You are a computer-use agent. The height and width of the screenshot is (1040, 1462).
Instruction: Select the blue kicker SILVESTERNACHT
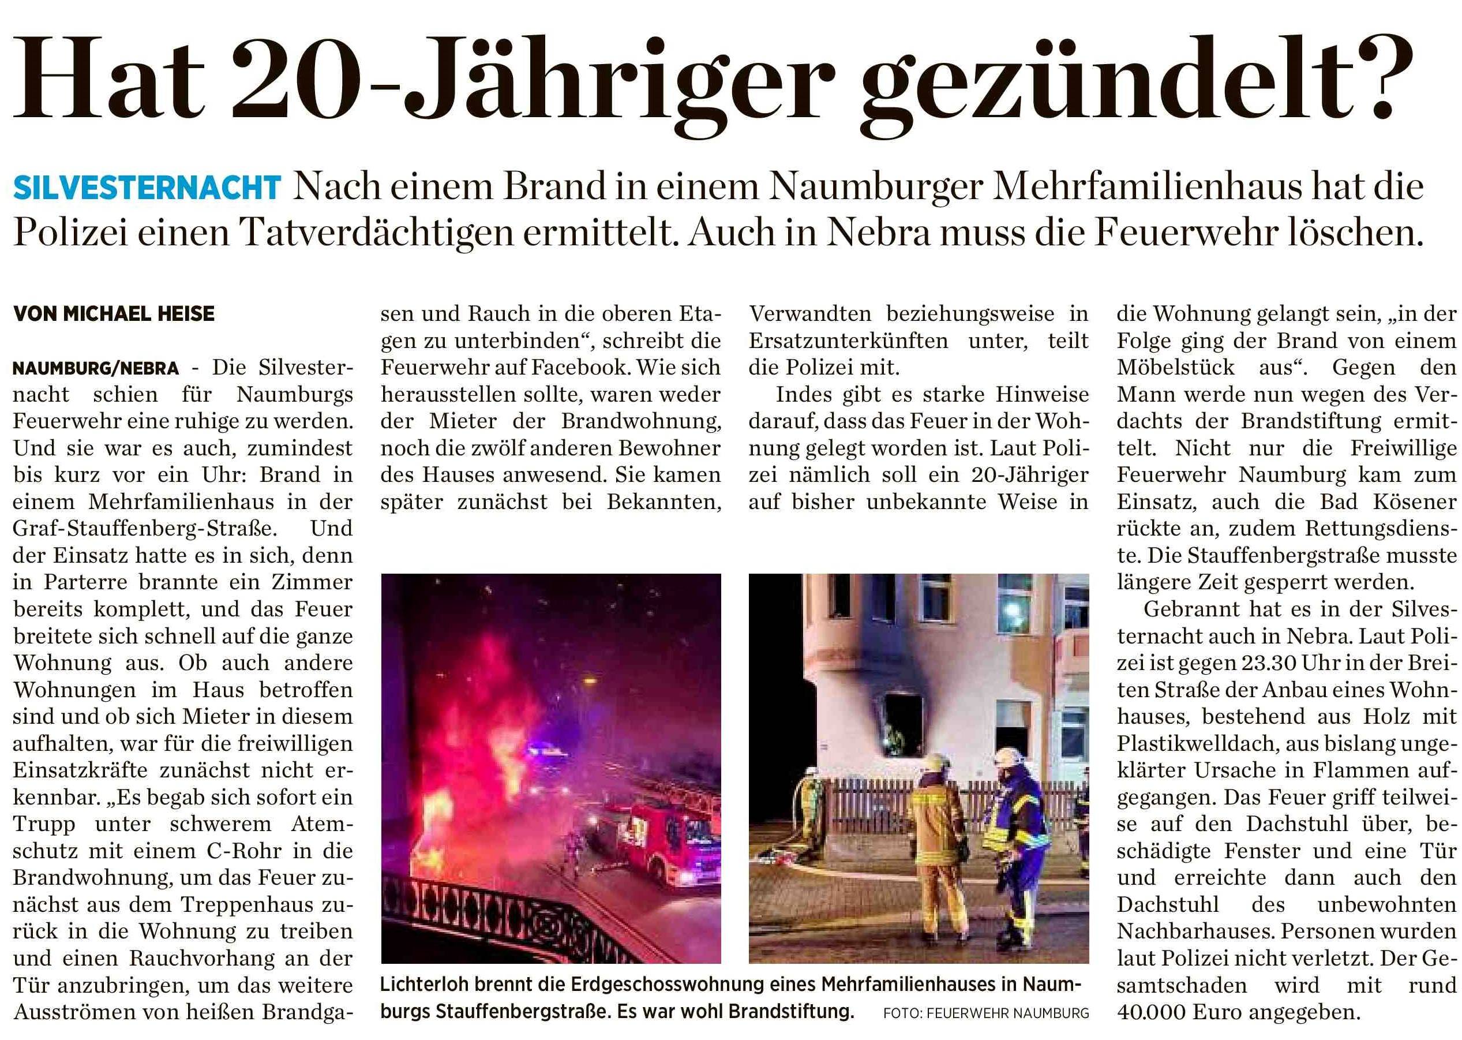click(x=147, y=188)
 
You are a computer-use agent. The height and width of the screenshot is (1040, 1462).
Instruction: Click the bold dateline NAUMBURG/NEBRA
click(x=96, y=369)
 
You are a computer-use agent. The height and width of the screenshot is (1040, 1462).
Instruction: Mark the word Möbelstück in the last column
click(x=1175, y=368)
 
